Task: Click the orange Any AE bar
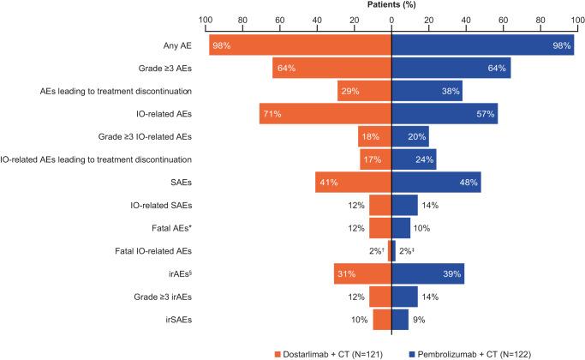pos(300,45)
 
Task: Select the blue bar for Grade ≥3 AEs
pos(451,68)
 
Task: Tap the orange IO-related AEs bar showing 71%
pos(325,113)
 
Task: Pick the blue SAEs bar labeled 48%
pos(435,182)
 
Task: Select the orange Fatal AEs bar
pos(380,227)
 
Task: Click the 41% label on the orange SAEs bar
pos(330,182)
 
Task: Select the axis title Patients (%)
pos(391,5)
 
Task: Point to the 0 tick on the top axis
pos(391,18)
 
